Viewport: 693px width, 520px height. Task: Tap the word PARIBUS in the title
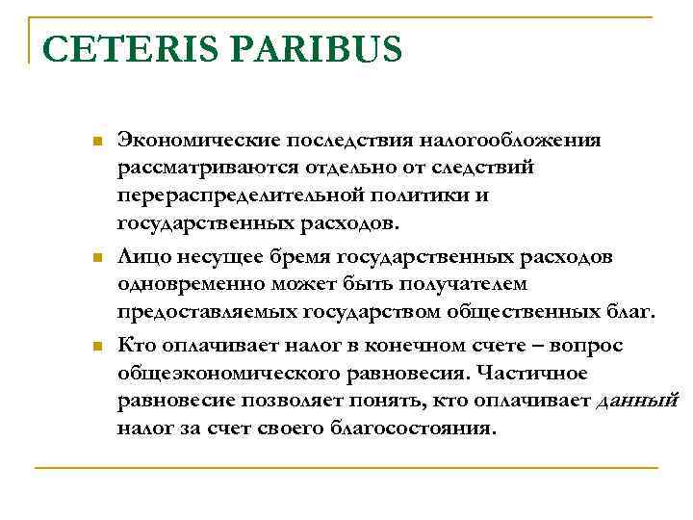(321, 50)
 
